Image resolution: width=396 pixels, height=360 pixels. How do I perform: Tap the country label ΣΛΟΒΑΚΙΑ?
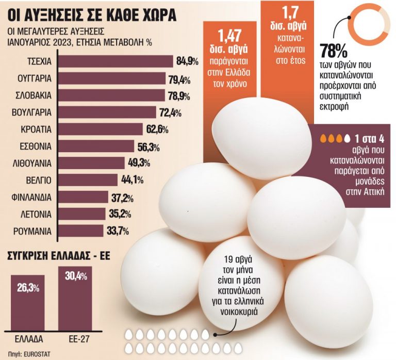pos(31,96)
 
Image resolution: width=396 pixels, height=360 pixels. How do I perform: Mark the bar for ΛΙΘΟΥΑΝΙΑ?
pos(91,163)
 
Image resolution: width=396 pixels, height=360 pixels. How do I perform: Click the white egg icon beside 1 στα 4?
pos(347,139)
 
